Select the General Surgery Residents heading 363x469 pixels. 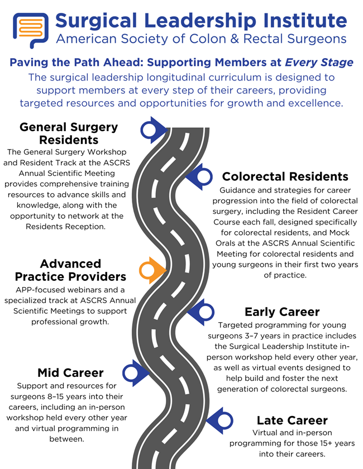[x=69, y=133]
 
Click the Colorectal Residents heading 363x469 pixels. [x=285, y=176]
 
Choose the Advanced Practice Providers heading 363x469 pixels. [x=70, y=270]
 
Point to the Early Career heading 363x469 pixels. [x=282, y=312]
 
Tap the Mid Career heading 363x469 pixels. [x=70, y=372]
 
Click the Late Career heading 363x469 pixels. [x=292, y=420]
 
